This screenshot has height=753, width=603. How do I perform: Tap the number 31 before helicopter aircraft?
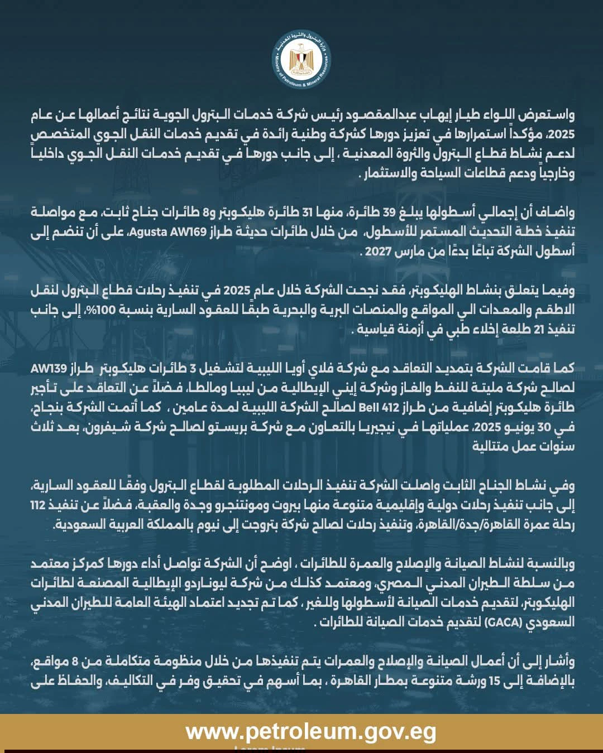pos(309,213)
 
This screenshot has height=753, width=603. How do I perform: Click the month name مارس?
pos(409,252)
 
